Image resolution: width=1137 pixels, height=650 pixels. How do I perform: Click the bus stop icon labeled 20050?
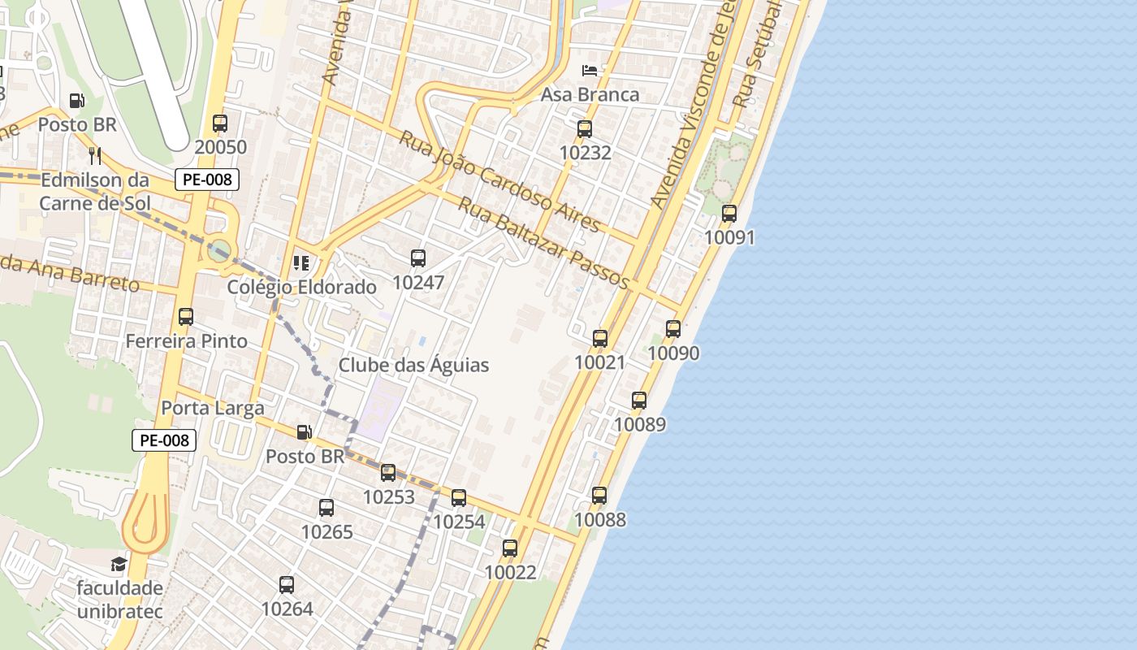point(220,123)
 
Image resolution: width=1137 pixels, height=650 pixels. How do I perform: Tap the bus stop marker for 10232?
point(585,128)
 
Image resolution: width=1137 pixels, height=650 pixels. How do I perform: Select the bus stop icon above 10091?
point(729,214)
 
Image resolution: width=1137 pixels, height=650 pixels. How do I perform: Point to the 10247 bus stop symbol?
point(418,258)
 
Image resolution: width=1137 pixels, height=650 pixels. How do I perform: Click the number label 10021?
point(599,362)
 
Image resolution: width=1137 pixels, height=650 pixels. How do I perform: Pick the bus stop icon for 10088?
point(599,495)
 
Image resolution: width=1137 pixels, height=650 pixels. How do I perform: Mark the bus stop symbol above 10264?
point(287,584)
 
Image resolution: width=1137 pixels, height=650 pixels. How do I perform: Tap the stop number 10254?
point(459,522)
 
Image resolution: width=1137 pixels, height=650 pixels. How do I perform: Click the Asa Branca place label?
point(590,94)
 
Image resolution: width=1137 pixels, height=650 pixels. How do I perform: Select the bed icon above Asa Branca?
point(590,70)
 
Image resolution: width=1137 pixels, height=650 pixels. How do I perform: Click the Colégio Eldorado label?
point(301,287)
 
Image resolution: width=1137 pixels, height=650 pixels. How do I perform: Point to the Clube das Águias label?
point(413,365)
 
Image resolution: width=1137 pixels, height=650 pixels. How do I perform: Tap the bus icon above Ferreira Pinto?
point(186,317)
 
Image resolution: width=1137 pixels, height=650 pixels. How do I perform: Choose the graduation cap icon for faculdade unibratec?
point(119,564)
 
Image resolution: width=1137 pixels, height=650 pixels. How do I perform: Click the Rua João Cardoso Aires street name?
point(499,180)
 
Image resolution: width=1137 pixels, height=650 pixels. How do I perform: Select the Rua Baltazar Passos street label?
point(543,242)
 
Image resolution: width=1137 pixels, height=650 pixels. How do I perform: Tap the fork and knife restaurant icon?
point(95,154)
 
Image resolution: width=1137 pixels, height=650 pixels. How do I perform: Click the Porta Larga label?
point(213,407)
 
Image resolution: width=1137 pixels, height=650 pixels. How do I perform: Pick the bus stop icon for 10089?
point(639,400)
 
